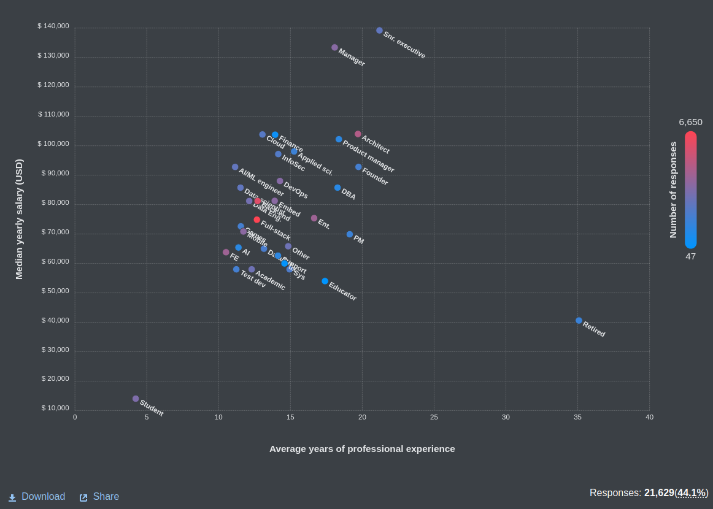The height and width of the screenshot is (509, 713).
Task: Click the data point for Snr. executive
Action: (x=379, y=31)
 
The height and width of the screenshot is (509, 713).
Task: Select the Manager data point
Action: (x=334, y=47)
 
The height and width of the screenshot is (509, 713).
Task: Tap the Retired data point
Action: (x=579, y=321)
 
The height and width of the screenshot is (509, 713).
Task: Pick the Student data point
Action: (x=136, y=399)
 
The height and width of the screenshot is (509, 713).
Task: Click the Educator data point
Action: (x=325, y=281)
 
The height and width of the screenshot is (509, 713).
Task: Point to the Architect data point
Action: (x=358, y=134)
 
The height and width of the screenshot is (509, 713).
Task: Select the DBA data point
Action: (x=337, y=188)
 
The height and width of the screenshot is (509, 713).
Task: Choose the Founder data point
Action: (x=358, y=167)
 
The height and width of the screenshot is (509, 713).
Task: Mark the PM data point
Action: (x=350, y=234)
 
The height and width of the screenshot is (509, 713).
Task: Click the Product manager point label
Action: (x=368, y=156)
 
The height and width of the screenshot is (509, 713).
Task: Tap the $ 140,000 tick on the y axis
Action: (x=53, y=26)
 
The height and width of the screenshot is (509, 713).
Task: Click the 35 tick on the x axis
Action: (x=577, y=417)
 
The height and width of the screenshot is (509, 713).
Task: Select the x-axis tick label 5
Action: (x=147, y=417)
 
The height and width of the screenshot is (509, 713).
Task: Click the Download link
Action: (x=37, y=497)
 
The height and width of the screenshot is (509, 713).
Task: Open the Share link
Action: (x=99, y=497)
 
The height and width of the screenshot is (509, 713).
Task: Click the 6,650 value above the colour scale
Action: (x=690, y=122)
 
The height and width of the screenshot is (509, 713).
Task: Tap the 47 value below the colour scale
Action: (x=690, y=256)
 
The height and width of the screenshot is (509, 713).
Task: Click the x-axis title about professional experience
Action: (x=362, y=449)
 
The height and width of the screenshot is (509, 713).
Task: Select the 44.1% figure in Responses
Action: (x=692, y=493)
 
